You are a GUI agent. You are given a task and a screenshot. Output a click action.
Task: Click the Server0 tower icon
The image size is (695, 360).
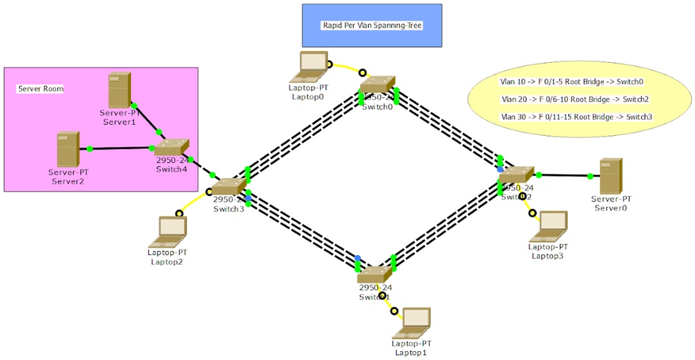(610, 176)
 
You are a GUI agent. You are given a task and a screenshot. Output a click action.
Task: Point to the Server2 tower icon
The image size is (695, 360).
(68, 150)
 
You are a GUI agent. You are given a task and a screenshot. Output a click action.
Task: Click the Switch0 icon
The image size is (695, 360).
(377, 86)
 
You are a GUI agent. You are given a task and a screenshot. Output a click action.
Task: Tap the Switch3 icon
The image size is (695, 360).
(228, 186)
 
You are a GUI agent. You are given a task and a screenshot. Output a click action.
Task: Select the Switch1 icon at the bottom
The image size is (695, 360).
(374, 275)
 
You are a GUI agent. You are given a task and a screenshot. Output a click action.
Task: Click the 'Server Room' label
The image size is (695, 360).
(40, 89)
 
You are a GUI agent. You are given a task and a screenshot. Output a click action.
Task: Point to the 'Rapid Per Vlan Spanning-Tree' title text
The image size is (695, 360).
(372, 26)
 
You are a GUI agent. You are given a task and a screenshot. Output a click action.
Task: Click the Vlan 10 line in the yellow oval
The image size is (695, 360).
(572, 81)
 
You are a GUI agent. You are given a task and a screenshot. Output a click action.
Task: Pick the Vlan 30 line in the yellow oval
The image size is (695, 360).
(576, 117)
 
